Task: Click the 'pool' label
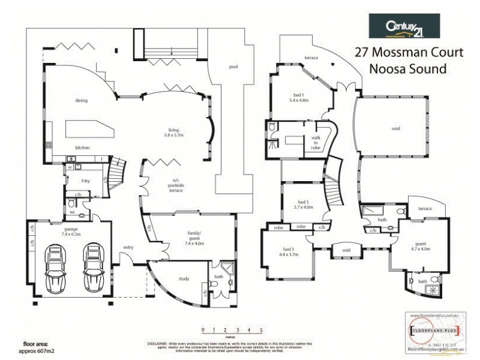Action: pos(233,67)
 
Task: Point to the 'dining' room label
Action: pos(82,100)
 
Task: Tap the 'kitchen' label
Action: pos(82,147)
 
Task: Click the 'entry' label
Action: pos(128,247)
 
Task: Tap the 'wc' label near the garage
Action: pos(72,212)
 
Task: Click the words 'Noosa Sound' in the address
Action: pos(408,68)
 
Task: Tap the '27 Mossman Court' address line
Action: pos(409,52)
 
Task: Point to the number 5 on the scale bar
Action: pos(261,330)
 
